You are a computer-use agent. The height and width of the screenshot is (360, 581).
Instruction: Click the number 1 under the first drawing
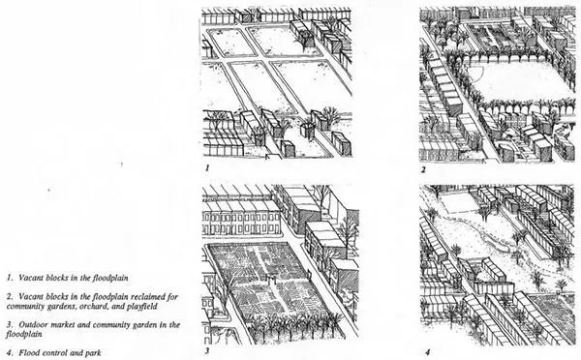point(207,167)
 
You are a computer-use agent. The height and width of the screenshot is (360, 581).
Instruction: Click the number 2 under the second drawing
point(423,170)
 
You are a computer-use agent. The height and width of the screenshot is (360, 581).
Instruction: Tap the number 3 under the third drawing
point(207,350)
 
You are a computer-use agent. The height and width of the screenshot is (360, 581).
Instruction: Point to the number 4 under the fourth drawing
point(428,352)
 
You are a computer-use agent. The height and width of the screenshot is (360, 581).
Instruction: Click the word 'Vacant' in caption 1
point(31,278)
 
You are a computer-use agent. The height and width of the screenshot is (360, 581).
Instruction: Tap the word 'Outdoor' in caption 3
point(33,325)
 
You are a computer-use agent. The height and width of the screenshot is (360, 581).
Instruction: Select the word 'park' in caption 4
point(93,353)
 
